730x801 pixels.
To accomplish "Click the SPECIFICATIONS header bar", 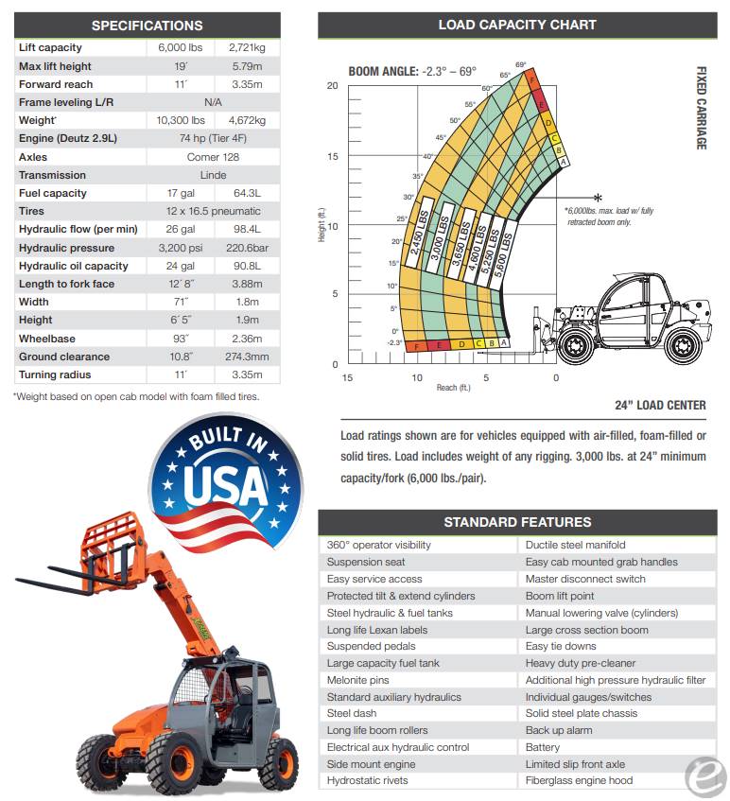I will coord(147,26).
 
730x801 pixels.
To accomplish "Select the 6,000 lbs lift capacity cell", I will coord(180,47).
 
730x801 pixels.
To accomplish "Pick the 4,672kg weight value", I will coord(247,120).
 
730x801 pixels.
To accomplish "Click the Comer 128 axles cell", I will coord(213,157).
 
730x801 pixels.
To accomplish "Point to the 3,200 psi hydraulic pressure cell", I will coord(180,248).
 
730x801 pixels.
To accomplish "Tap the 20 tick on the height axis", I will coord(332,86).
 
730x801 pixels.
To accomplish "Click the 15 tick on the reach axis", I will coord(348,378).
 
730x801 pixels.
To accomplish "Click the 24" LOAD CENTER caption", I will coord(660,406).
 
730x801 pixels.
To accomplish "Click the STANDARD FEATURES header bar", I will coord(517,522).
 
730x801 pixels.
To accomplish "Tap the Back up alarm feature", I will coord(559,730).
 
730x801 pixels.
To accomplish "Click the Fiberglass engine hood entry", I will coord(579,781).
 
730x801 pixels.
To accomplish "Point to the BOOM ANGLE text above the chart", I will coord(412,71).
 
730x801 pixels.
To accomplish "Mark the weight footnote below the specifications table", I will coord(136,396).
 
